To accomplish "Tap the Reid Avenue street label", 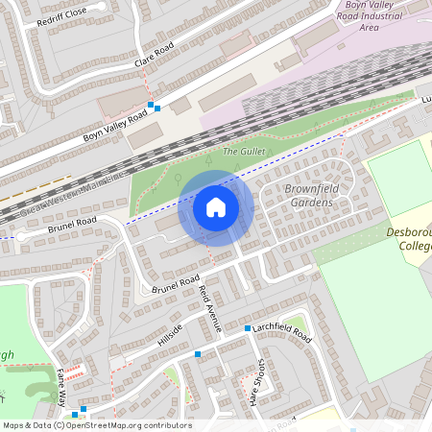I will [x=209, y=308].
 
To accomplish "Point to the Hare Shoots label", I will [x=258, y=382].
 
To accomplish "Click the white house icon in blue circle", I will [x=216, y=207].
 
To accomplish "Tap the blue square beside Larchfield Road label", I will [x=248, y=328].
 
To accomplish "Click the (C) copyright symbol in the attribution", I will [x=59, y=425].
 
